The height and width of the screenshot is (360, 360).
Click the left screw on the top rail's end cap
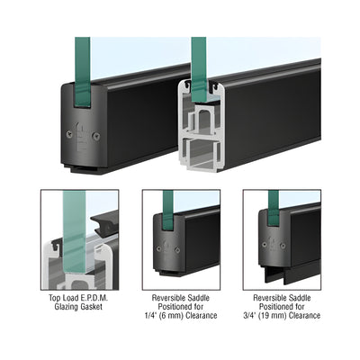click(69, 134)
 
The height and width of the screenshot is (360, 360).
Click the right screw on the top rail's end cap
click(96, 136)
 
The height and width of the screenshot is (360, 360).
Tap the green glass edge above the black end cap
click(83, 72)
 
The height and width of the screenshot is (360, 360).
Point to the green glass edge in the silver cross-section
click(199, 70)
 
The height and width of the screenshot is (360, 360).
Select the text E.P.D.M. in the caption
click(94, 298)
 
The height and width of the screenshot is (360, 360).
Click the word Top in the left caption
click(55, 298)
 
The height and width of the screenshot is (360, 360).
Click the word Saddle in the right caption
click(301, 298)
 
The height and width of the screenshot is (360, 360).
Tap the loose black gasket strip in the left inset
click(104, 222)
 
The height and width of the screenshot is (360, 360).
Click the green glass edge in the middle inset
click(167, 210)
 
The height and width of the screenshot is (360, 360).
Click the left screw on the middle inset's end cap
click(158, 248)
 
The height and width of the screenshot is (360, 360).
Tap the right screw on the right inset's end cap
click(283, 246)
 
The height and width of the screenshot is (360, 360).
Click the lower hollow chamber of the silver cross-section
click(200, 153)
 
